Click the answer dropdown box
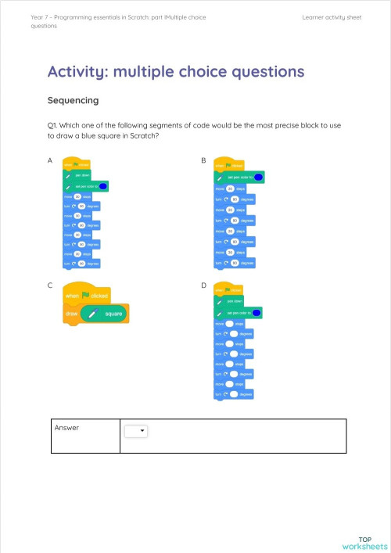(x=137, y=430)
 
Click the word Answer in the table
(x=68, y=428)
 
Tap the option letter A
(x=50, y=160)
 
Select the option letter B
(x=203, y=160)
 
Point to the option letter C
(x=50, y=285)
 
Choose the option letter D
(x=203, y=285)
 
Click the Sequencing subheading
(x=73, y=101)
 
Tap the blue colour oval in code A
(x=103, y=186)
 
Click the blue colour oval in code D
(x=256, y=313)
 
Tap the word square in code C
(x=115, y=314)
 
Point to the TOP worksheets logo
(x=364, y=542)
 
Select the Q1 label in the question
(x=53, y=124)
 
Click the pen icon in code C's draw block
(x=92, y=314)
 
